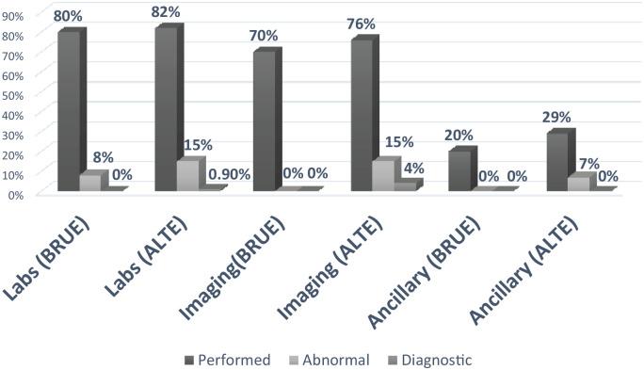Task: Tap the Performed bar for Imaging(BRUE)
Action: coord(264,121)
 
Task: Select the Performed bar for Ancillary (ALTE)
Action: coord(556,162)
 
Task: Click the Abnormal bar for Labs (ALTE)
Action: coord(187,176)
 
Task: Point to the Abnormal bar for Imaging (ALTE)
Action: coord(382,176)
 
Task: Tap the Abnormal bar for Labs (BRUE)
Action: coord(89,183)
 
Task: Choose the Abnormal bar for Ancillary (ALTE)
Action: coord(577,184)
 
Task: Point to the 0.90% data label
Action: coord(229,173)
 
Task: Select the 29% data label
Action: coord(556,118)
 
